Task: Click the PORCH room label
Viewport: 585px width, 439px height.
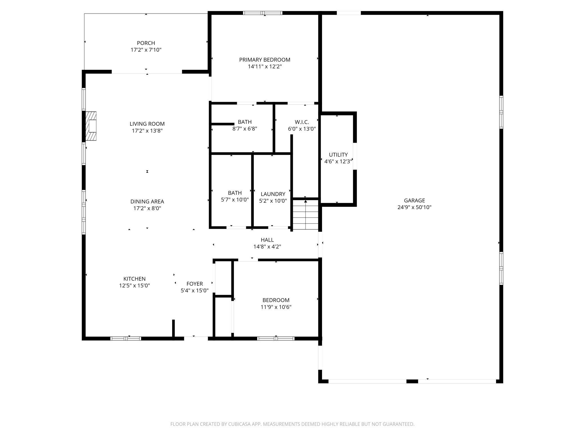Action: (146, 43)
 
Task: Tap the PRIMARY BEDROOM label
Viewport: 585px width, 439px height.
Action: (265, 60)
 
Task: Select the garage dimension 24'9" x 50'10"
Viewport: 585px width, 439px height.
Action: (414, 207)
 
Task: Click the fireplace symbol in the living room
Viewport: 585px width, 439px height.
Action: (91, 126)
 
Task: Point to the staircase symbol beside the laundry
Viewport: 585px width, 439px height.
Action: (305, 214)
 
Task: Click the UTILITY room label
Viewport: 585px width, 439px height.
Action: (338, 155)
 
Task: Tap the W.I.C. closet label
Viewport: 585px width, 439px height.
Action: (302, 122)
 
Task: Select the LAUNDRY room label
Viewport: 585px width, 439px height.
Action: (273, 194)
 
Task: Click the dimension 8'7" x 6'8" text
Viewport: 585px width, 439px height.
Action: (245, 129)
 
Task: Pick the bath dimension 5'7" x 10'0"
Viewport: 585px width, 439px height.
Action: (235, 200)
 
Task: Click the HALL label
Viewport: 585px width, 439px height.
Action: (267, 240)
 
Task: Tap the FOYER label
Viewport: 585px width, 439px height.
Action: (195, 284)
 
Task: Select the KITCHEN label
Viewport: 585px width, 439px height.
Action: (134, 279)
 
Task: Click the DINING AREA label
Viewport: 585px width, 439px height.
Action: (147, 201)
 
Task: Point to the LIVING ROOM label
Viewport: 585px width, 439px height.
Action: (147, 124)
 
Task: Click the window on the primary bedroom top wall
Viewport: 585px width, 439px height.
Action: (263, 13)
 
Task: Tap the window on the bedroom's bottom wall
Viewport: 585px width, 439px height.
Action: (276, 339)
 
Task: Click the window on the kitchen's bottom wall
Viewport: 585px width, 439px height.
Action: (126, 339)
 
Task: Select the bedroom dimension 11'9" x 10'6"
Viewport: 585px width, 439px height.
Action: (276, 307)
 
